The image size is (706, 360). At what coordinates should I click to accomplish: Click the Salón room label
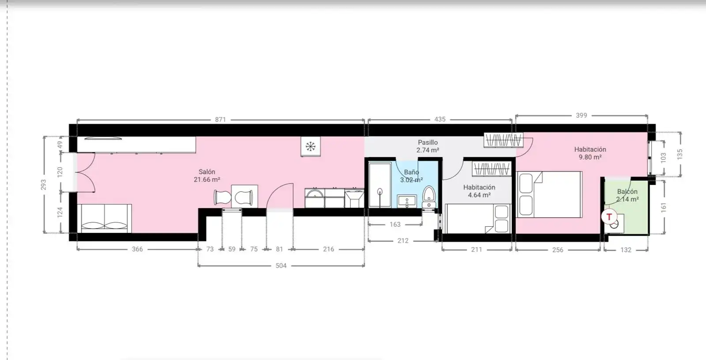tap(207, 172)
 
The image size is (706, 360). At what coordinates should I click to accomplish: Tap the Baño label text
tap(412, 172)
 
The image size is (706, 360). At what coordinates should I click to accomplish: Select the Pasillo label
tap(428, 142)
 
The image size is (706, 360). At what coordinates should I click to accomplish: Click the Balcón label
tap(627, 191)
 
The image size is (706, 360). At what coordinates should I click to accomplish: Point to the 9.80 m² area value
tap(590, 157)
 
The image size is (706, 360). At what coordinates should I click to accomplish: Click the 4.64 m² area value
tap(479, 195)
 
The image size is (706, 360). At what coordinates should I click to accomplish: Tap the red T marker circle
tap(609, 217)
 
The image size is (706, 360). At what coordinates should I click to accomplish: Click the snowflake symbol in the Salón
tap(311, 146)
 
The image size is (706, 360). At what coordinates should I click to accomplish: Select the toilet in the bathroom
tap(428, 197)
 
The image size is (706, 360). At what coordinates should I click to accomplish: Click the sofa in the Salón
tap(104, 218)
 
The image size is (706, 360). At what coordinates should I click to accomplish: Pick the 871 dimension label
tap(220, 120)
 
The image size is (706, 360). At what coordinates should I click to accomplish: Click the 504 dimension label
tap(281, 266)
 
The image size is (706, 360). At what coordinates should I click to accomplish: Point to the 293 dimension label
tap(44, 185)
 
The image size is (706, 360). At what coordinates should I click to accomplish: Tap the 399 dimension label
tap(581, 116)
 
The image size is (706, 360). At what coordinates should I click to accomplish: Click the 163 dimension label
tap(395, 225)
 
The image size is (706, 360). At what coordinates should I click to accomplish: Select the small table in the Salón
tap(244, 196)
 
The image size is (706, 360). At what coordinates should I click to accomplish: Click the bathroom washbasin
tap(407, 202)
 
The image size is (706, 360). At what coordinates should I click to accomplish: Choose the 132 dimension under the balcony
tap(626, 250)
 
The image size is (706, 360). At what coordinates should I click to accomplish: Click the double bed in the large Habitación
tap(549, 195)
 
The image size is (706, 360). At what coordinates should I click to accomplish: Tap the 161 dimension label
tap(664, 207)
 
